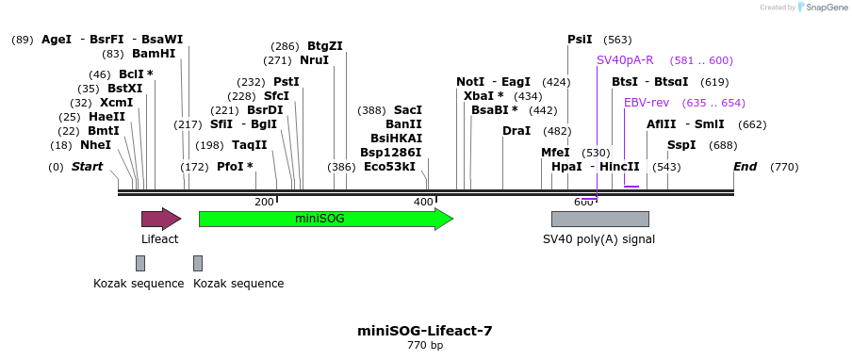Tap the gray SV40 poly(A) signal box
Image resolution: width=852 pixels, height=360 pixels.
pyautogui.click(x=599, y=219)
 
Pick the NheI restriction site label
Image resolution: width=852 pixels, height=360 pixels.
pyautogui.click(x=95, y=145)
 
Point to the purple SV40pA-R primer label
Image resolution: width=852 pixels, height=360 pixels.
pyautogui.click(x=625, y=60)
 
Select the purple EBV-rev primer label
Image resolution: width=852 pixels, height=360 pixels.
pyautogui.click(x=647, y=103)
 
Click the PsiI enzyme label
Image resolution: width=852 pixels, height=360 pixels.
pyautogui.click(x=580, y=40)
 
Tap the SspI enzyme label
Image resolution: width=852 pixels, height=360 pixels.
pyautogui.click(x=681, y=145)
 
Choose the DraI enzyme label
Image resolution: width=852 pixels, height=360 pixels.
pyautogui.click(x=516, y=131)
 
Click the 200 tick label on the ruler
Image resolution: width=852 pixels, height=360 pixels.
pyautogui.click(x=265, y=202)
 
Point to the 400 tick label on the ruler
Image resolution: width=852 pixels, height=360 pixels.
pyautogui.click(x=423, y=202)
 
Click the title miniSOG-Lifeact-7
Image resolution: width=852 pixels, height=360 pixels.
pyautogui.click(x=424, y=331)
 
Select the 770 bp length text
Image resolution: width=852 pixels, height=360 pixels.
pyautogui.click(x=424, y=346)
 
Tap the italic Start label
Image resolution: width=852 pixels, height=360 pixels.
pyautogui.click(x=87, y=167)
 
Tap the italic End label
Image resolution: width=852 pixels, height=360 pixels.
pyautogui.click(x=745, y=167)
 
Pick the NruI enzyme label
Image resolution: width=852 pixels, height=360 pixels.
pyautogui.click(x=314, y=60)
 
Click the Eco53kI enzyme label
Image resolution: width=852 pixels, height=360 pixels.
pyautogui.click(x=389, y=167)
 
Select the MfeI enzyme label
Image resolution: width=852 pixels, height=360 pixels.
pyautogui.click(x=555, y=153)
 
